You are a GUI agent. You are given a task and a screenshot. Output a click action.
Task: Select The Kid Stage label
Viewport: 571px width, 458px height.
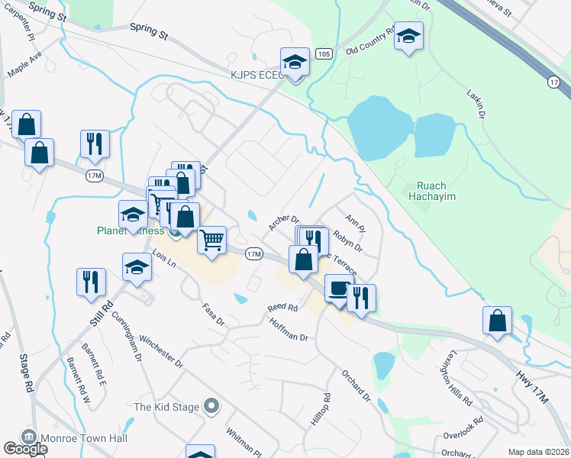[x=166, y=406]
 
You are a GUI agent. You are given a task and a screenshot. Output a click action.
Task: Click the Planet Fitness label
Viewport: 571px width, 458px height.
[x=130, y=231]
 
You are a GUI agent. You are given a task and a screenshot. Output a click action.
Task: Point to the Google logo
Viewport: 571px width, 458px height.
[x=25, y=449]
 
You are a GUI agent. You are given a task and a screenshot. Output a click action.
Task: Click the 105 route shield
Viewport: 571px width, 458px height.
[x=324, y=54]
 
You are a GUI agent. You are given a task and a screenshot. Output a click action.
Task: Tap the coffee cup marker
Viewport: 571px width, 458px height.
[x=338, y=290]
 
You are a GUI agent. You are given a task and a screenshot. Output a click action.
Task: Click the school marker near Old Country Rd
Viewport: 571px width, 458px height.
[x=408, y=37]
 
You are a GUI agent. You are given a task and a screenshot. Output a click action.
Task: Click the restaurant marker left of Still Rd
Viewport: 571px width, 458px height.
[x=92, y=281]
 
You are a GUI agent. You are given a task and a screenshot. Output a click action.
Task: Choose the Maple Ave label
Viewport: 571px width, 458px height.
[x=24, y=65]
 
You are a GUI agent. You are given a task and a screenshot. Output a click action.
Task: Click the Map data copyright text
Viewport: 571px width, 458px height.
[x=539, y=452]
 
